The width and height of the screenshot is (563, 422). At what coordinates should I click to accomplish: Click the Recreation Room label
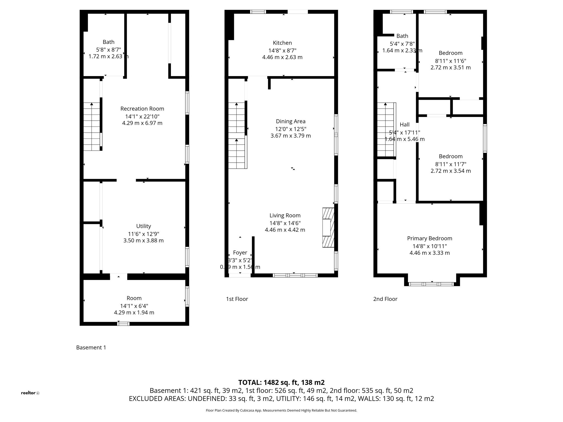pyautogui.click(x=142, y=109)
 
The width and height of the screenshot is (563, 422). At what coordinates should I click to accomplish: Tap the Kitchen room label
pyautogui.click(x=282, y=43)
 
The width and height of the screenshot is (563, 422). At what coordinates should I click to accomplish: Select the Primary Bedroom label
pyautogui.click(x=429, y=238)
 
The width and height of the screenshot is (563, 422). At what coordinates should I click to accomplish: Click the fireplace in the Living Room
pyautogui.click(x=328, y=227)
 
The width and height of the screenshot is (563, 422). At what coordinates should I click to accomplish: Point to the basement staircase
pyautogui.click(x=92, y=127)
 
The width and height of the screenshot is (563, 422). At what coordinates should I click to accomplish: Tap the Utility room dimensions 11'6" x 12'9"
pyautogui.click(x=143, y=234)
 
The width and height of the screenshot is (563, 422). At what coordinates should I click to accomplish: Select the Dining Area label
pyautogui.click(x=291, y=121)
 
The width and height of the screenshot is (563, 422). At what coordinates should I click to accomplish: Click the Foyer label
pyautogui.click(x=240, y=253)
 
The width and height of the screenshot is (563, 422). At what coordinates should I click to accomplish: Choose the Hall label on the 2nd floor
pyautogui.click(x=404, y=125)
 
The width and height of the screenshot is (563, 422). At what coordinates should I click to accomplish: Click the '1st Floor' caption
pyautogui.click(x=237, y=299)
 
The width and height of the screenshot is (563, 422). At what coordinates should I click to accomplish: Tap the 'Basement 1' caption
pyautogui.click(x=91, y=348)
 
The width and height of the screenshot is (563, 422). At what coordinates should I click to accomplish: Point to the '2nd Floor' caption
pyautogui.click(x=385, y=299)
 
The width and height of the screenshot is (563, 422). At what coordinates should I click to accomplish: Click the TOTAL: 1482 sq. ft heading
pyautogui.click(x=281, y=382)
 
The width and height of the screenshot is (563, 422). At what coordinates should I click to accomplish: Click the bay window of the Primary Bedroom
pyautogui.click(x=431, y=284)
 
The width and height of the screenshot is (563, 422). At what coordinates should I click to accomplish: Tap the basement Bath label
pyautogui.click(x=108, y=42)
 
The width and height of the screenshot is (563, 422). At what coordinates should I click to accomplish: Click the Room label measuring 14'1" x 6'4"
pyautogui.click(x=134, y=298)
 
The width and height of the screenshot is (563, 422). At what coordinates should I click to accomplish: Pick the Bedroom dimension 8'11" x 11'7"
pyautogui.click(x=451, y=164)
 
